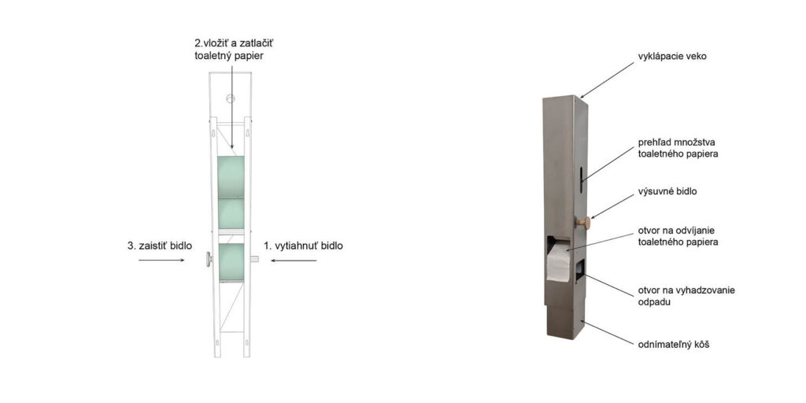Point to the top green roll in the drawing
coord(231,176)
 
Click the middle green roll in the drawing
coord(231,213)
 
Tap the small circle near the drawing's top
coord(231,100)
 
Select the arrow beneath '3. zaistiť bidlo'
coord(161,261)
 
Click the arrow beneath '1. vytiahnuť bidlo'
coord(293,261)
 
